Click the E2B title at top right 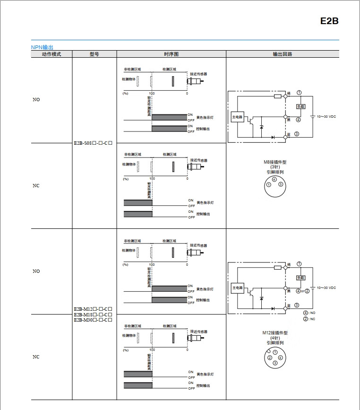(x=329, y=21)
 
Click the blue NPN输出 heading (x=42, y=47)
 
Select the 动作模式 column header (x=51, y=54)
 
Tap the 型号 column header (x=94, y=54)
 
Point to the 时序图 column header (x=171, y=54)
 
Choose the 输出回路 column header (x=282, y=54)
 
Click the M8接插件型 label (x=275, y=162)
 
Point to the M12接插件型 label (x=275, y=333)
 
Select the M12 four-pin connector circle (x=275, y=358)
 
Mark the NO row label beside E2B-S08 (x=36, y=100)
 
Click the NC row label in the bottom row (x=36, y=357)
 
